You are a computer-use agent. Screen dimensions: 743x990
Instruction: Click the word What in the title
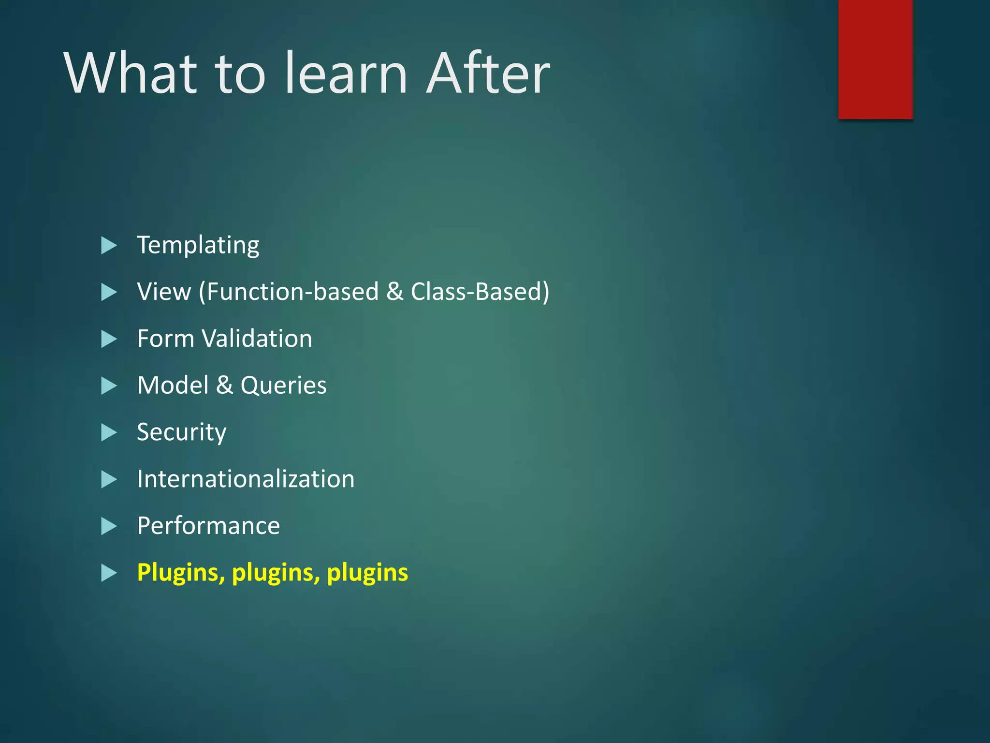(131, 74)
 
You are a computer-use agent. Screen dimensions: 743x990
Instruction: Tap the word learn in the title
(346, 74)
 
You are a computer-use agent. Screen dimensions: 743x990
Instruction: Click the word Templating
(198, 245)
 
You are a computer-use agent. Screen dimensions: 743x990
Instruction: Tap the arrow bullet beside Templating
(109, 246)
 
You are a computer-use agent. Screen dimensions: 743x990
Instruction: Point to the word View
(164, 292)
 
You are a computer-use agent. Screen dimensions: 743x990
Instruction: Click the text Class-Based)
(480, 292)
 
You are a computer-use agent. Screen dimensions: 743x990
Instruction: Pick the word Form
(166, 339)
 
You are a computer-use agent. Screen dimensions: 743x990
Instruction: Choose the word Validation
(257, 339)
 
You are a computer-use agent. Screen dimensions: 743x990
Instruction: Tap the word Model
(173, 386)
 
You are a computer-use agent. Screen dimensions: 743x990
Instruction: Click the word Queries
(284, 386)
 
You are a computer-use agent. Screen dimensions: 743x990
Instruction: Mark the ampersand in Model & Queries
(224, 386)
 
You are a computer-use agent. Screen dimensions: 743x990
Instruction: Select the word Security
(181, 432)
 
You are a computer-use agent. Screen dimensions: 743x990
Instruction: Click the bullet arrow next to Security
(109, 432)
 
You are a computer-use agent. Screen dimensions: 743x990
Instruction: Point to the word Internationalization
(246, 479)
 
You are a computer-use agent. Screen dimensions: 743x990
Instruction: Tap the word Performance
(208, 526)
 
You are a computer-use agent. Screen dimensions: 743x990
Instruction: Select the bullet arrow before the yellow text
(109, 573)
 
